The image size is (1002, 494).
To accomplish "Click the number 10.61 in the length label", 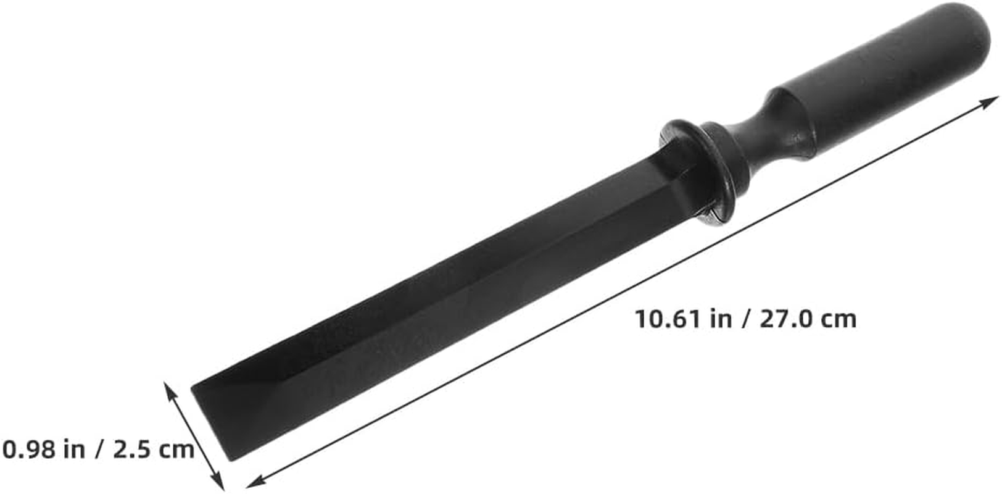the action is pyautogui.click(x=668, y=319).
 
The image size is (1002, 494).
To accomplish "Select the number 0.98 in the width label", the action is pyautogui.click(x=29, y=449).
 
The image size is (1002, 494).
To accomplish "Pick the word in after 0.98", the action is pyautogui.click(x=74, y=449).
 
